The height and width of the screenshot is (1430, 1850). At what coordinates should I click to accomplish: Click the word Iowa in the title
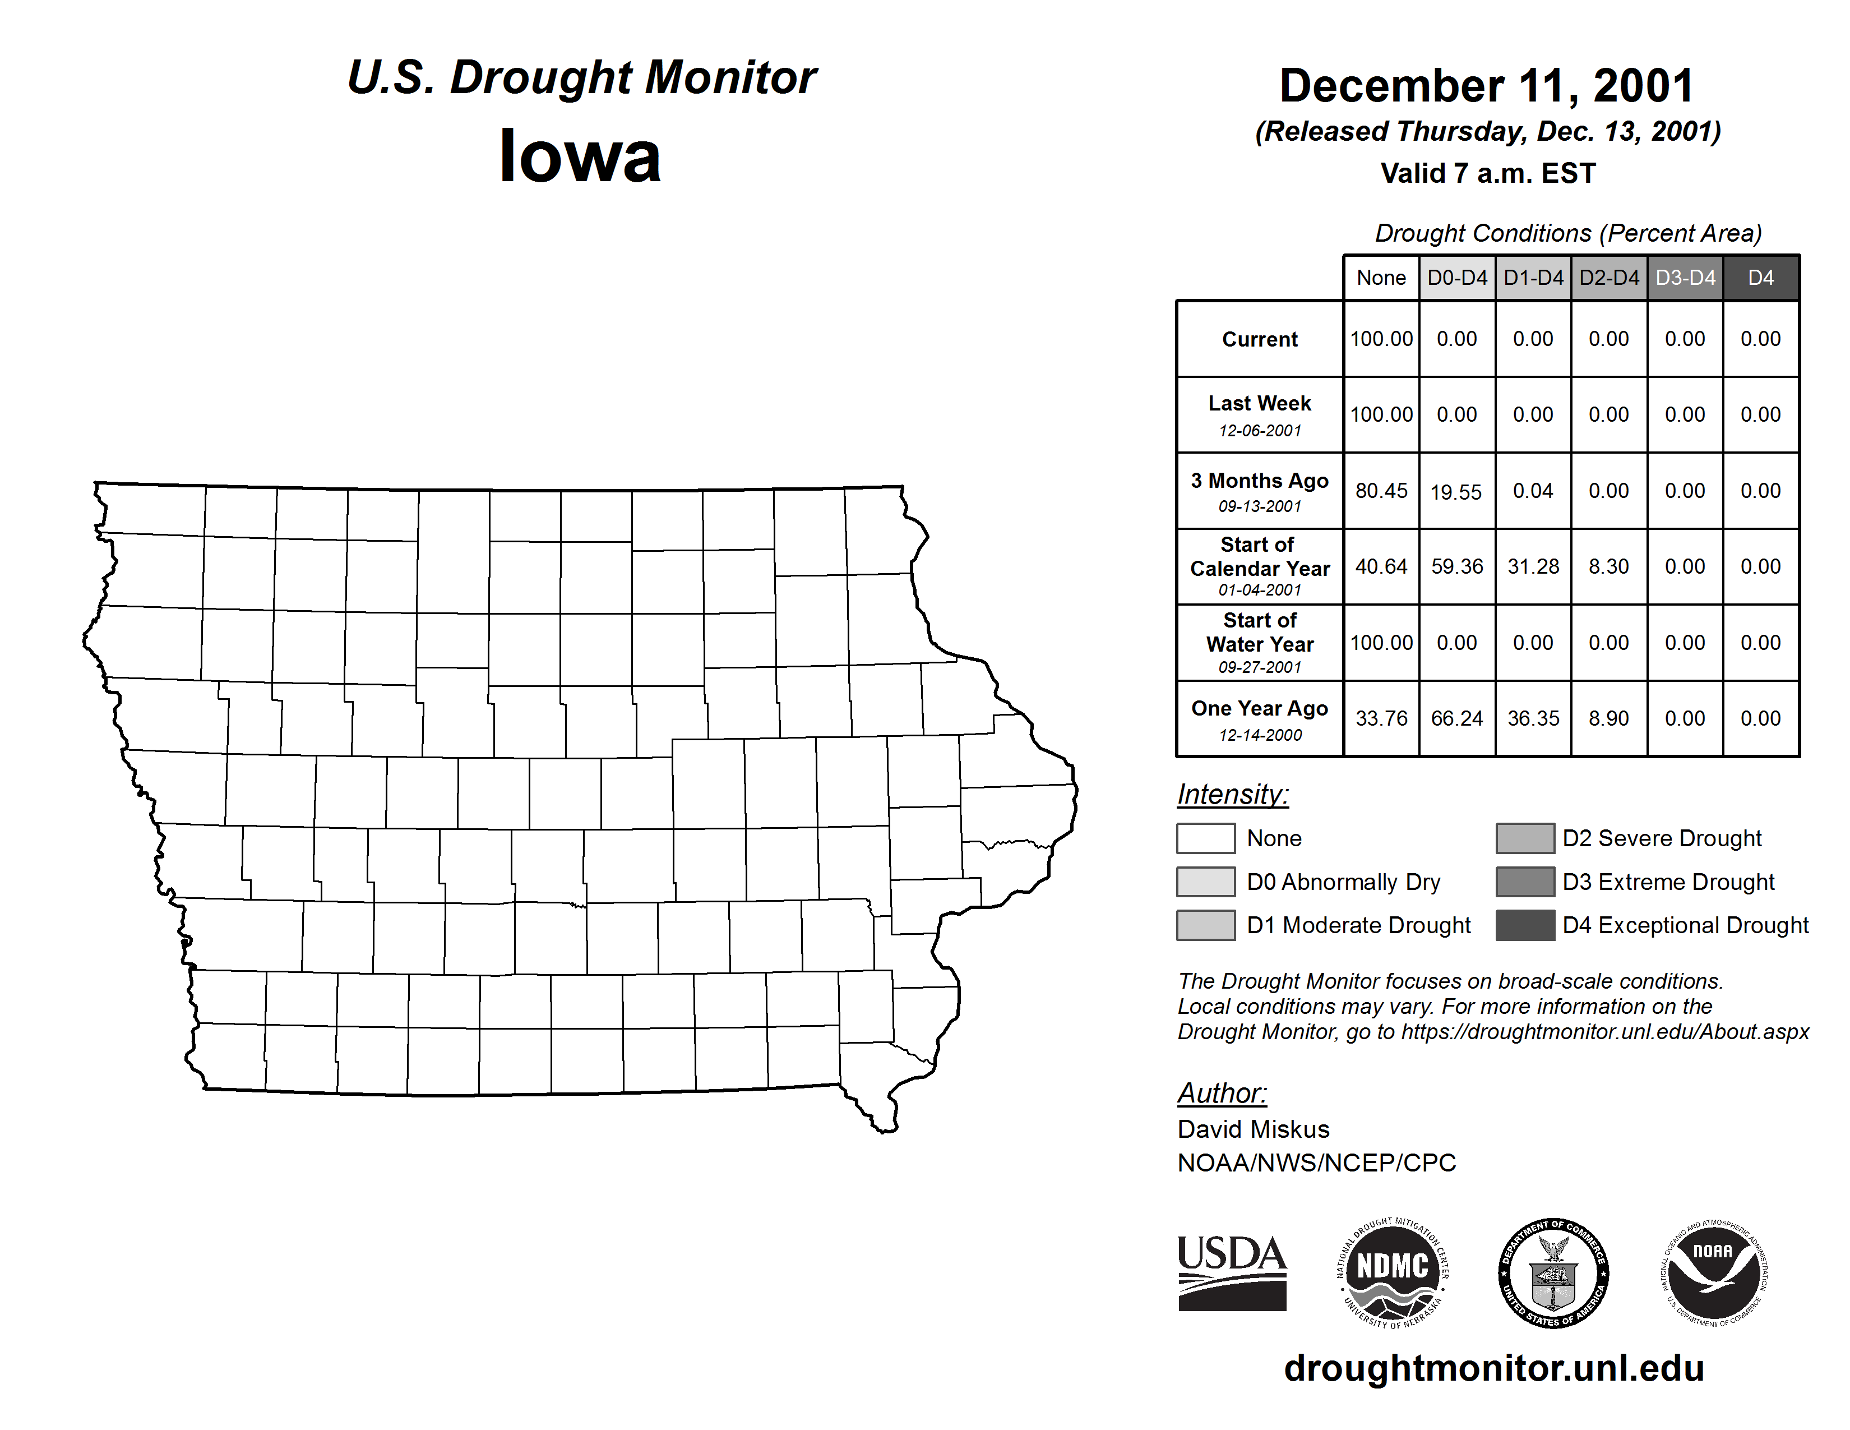[x=580, y=156]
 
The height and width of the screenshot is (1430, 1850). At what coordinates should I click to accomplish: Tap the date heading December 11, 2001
[x=1487, y=86]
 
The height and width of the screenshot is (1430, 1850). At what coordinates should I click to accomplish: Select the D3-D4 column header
[x=1685, y=278]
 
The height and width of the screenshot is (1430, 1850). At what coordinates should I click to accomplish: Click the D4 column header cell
[x=1760, y=278]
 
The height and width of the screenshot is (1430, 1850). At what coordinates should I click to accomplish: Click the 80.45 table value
[x=1381, y=491]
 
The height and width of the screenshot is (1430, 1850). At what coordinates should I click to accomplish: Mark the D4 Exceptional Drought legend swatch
[x=1525, y=925]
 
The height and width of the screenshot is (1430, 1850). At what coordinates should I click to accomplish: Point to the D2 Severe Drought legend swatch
[x=1525, y=838]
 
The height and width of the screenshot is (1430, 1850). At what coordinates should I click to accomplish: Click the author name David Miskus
[x=1253, y=1129]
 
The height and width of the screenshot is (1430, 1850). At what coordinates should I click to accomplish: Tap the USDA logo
[x=1232, y=1272]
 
